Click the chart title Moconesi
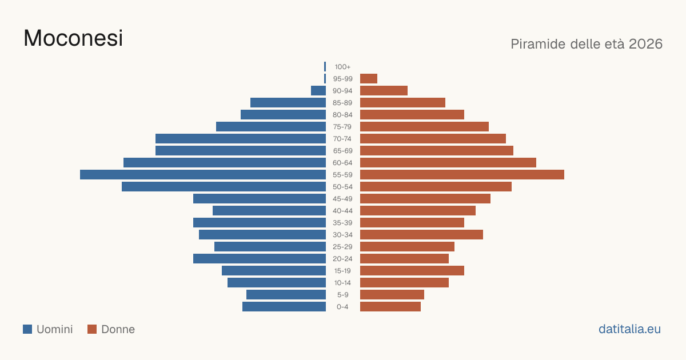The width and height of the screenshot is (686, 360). pos(73,38)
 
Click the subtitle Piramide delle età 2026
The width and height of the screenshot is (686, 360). pos(587,44)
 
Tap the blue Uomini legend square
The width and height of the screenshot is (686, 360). pos(27,329)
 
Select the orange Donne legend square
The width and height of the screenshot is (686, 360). pos(92,329)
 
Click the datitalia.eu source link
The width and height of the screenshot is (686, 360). pos(629,329)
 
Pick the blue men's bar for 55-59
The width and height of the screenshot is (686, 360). pos(203,174)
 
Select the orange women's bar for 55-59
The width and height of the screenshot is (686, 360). pos(462,174)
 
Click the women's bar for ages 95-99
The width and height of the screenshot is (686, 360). pos(369,79)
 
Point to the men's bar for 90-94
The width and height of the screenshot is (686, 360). pos(318,91)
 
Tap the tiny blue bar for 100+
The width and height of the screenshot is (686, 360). pos(325,66)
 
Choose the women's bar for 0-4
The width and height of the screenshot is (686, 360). pos(390,306)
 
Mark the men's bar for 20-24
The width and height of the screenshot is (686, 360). pos(260,259)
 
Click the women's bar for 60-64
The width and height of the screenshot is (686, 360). pos(448,162)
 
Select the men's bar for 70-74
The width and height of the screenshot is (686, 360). pos(241,139)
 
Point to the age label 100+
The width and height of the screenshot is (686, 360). pos(342,67)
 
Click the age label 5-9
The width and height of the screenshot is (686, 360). pos(342,295)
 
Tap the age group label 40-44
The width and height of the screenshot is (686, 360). pos(342,211)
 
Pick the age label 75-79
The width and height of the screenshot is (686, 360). pos(342,127)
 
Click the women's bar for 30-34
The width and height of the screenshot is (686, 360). pos(421,234)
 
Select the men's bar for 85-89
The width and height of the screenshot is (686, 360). pos(288,102)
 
